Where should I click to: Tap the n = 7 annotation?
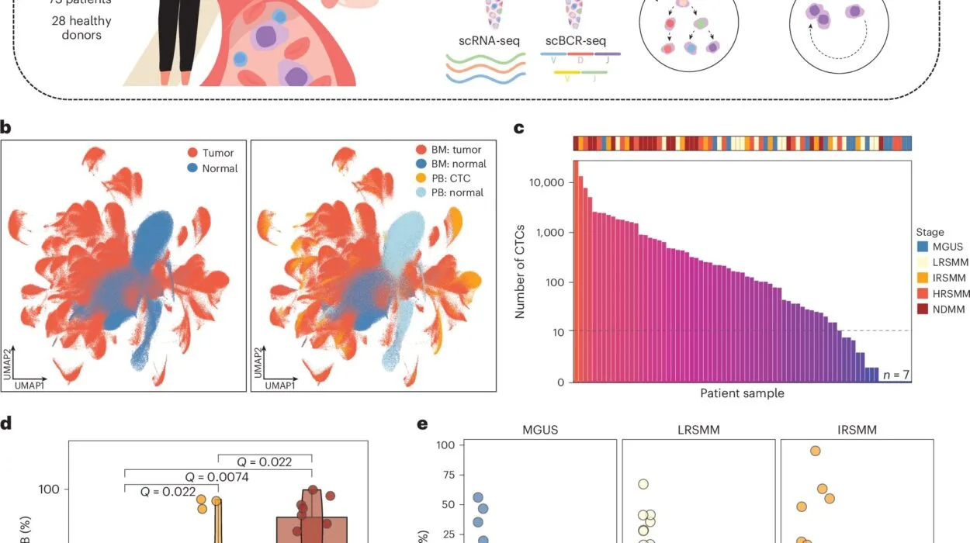point(895,375)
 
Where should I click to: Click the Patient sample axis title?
point(742,393)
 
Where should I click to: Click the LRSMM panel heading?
point(698,430)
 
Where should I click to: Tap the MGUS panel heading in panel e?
point(539,430)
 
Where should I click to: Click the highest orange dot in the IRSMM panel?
point(815,451)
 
